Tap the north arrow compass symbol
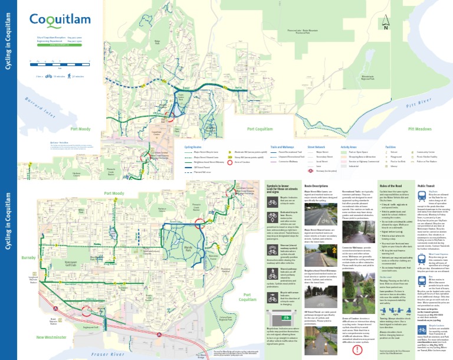[x=386, y=24]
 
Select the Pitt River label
[x=424, y=104]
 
